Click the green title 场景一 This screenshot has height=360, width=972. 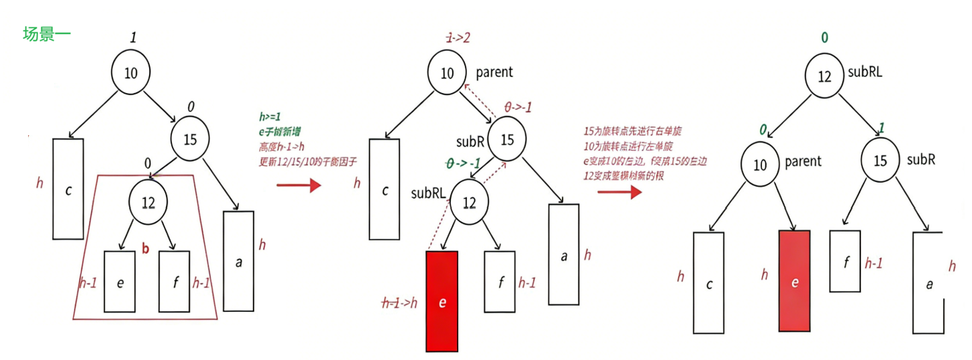coord(47,34)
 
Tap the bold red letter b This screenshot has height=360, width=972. coord(144,250)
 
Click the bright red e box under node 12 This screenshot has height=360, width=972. coord(442,301)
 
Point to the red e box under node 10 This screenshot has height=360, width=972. coord(794,281)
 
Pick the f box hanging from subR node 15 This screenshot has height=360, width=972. coord(846,261)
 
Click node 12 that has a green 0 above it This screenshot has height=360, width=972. coord(824,76)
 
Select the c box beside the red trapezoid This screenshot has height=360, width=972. coord(68,189)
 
